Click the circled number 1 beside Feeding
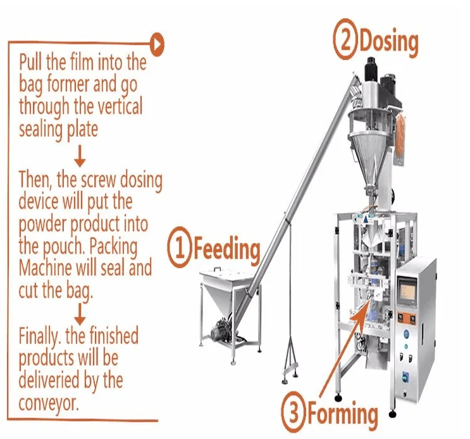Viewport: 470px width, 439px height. click(180, 248)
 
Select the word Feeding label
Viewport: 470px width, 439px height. click(226, 249)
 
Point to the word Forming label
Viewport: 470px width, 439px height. click(342, 415)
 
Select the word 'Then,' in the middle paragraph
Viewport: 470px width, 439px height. click(36, 180)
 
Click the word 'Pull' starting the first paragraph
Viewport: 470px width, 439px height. click(32, 62)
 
